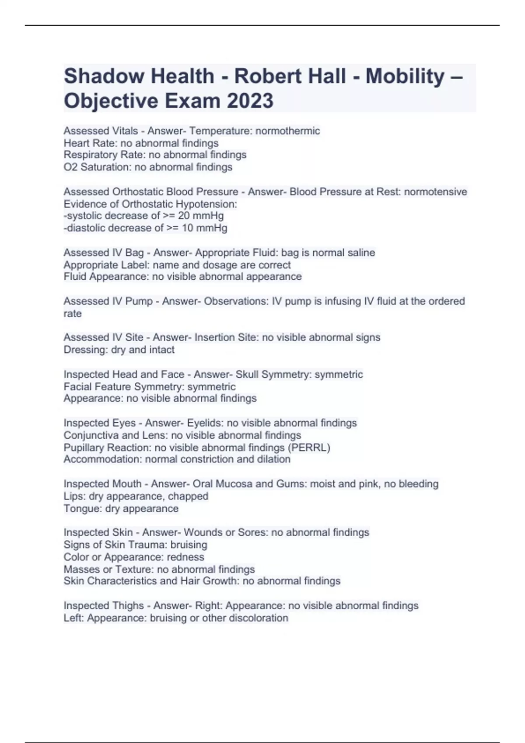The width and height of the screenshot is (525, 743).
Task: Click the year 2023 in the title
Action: pos(250,101)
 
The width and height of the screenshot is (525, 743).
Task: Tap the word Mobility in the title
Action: pos(405,76)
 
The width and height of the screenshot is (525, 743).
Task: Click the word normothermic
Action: pos(287,131)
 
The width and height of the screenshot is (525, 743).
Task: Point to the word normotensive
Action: pos(435,191)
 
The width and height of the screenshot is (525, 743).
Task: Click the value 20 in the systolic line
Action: pos(183,215)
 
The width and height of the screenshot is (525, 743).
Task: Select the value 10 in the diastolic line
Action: pos(187,228)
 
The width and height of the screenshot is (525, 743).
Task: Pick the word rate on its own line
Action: pos(73,313)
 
